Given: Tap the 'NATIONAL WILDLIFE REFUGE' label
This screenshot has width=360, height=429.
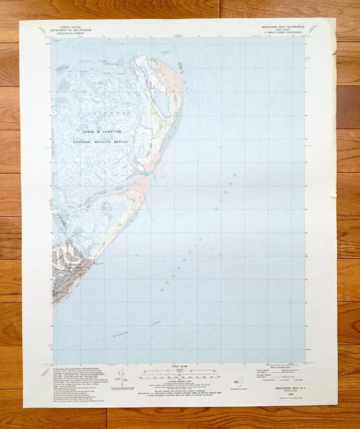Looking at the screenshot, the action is [101, 142].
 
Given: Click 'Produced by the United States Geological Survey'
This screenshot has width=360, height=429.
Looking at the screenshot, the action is [76, 366].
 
